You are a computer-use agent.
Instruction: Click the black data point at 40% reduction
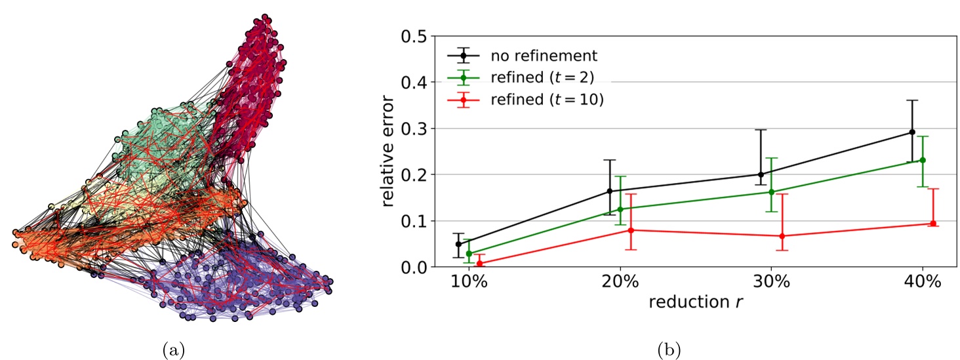[x=911, y=132]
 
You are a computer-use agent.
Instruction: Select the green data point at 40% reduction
[x=923, y=160]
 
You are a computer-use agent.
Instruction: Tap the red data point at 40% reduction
[x=933, y=224]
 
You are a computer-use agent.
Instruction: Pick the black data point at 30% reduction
[x=761, y=174]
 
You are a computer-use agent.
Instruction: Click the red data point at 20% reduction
[x=631, y=230]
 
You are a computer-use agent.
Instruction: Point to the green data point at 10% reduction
[x=469, y=253]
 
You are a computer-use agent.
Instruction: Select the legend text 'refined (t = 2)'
[x=542, y=77]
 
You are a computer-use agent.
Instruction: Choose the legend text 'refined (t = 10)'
[x=546, y=100]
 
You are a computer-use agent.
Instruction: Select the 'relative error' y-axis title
[x=389, y=151]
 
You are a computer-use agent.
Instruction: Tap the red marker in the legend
[x=463, y=100]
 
